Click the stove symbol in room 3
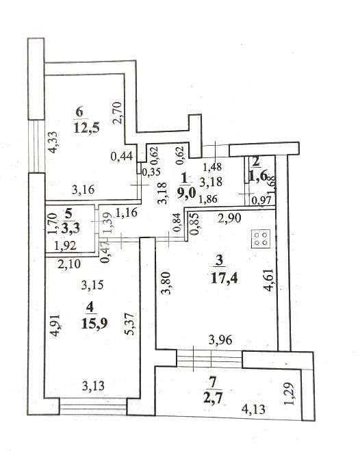pos(261,238)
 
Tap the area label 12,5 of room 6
pos(86,127)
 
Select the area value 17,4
pos(224,278)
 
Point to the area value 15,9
pos(94,323)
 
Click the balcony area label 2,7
pos(213,399)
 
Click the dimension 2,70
pos(118,113)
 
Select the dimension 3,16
pos(83,190)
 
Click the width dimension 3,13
pos(93,386)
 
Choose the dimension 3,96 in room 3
pos(220,340)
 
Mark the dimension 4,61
pos(270,280)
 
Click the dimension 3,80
pos(167,283)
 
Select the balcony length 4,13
pos(254,409)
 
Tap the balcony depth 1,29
pos(290,394)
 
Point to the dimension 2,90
pos(229,218)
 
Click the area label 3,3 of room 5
pos(70,229)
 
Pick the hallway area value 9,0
pos(186,192)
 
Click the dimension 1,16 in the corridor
pos(127,213)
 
